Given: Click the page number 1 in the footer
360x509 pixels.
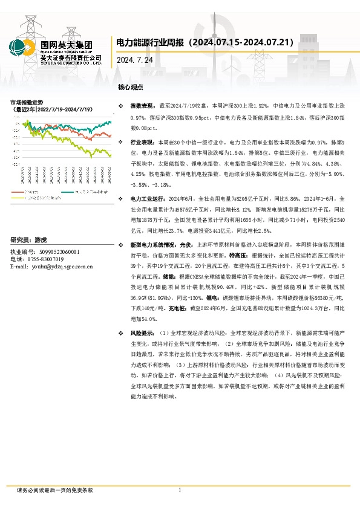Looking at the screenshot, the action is pyautogui.click(x=180, y=490).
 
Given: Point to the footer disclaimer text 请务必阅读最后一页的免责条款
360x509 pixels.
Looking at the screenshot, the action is pyautogui.click(x=55, y=490).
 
